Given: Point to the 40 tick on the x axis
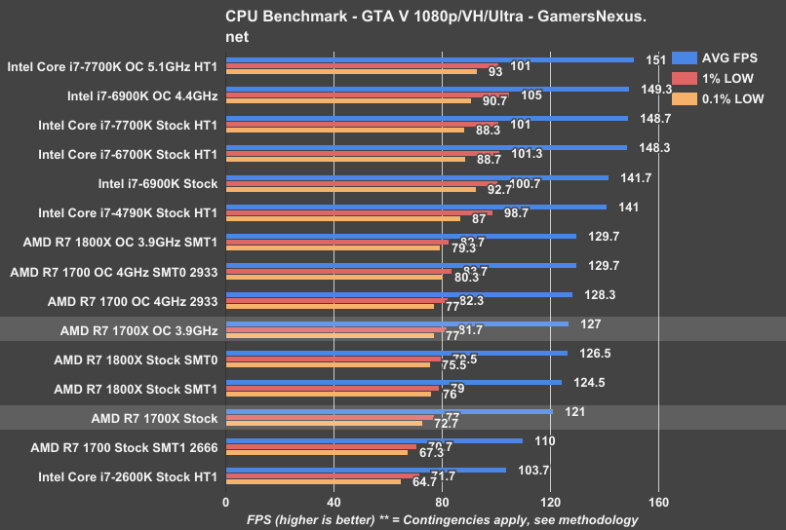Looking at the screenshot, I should (x=334, y=503).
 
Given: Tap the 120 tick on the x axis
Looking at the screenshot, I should (x=550, y=503).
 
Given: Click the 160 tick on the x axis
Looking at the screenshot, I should (x=658, y=503).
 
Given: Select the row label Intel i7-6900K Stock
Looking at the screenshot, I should (x=158, y=183).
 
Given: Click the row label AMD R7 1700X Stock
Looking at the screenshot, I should (x=154, y=419).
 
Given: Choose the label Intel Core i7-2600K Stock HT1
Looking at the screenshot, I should (x=128, y=477).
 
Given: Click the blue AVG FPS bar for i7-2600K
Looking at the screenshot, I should (x=366, y=470).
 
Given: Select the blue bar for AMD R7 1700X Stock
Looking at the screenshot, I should (x=389, y=411).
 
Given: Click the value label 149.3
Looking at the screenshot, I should (x=655, y=89).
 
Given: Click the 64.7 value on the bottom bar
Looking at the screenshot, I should (x=425, y=481).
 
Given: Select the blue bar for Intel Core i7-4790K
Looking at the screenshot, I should (x=416, y=207).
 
